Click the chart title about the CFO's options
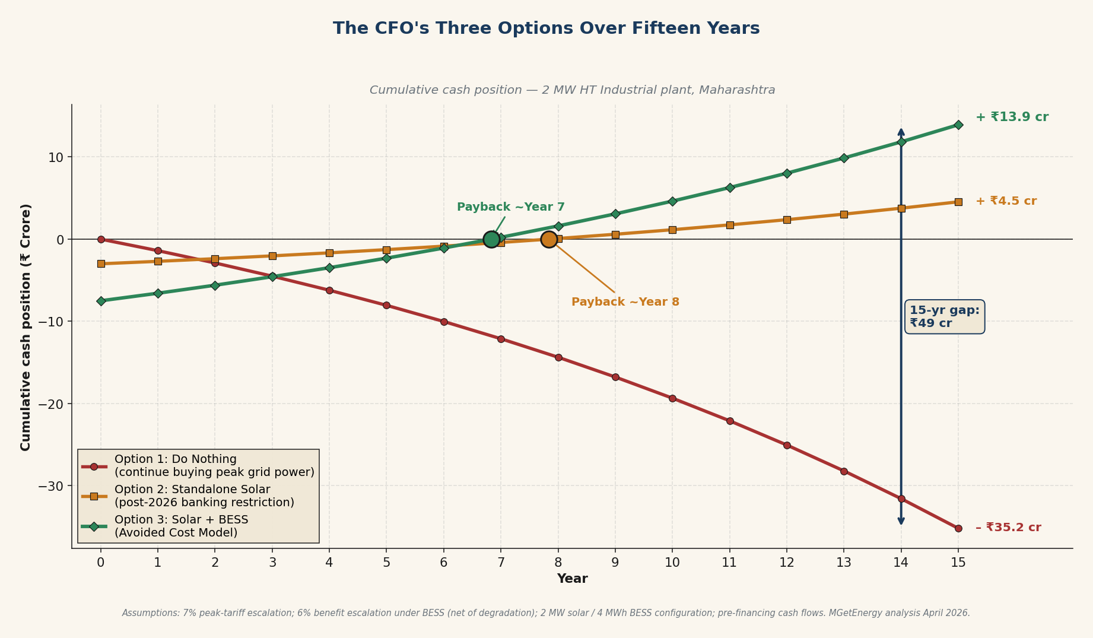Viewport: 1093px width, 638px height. pos(546,28)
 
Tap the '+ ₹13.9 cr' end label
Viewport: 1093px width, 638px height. pos(1012,117)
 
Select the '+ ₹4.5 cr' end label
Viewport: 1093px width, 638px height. pos(1006,201)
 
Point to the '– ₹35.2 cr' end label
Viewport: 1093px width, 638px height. pos(1008,528)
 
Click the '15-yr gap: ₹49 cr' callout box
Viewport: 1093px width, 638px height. pos(945,317)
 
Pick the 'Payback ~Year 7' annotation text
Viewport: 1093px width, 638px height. pos(510,207)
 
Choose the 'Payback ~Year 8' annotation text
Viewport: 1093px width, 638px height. pos(625,302)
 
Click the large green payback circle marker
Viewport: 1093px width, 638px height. pos(491,239)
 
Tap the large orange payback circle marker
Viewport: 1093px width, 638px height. pos(549,239)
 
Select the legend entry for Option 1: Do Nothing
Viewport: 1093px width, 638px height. pos(214,466)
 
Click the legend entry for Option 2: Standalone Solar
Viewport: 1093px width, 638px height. pos(204,496)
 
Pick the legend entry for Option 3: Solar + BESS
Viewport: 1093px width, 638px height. pos(181,526)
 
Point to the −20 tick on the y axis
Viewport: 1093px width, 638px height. pos(51,404)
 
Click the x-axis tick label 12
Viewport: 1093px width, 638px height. pos(786,563)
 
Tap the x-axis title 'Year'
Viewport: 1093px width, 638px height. pos(572,579)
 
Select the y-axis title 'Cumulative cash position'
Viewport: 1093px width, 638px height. pos(26,327)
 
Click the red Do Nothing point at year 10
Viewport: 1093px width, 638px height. pos(672,398)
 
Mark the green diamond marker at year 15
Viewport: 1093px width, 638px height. pos(958,125)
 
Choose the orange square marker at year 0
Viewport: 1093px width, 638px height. pos(101,264)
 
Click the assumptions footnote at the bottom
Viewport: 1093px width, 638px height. pos(546,613)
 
